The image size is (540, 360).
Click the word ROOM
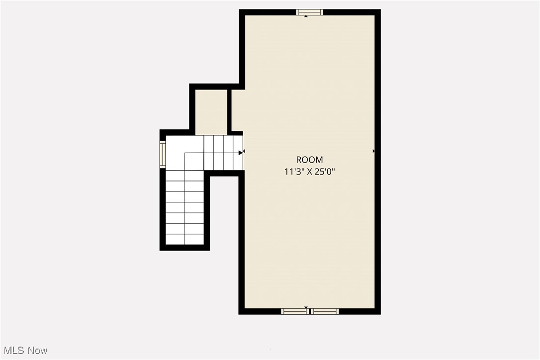(x=309, y=160)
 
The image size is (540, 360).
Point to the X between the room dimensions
(x=309, y=172)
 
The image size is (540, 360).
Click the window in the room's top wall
(x=309, y=12)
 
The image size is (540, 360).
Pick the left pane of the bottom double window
(x=294, y=312)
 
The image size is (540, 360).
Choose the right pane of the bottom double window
(x=325, y=312)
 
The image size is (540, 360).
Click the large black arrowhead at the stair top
(x=241, y=153)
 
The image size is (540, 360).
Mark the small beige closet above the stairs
(x=211, y=112)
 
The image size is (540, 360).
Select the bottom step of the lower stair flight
(x=184, y=239)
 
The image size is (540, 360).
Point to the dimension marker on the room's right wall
(x=373, y=151)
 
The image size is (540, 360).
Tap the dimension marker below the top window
(x=306, y=16)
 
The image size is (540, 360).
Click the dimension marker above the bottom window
(x=306, y=308)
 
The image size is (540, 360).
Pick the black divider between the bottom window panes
(x=309, y=312)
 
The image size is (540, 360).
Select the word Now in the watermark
(x=38, y=351)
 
